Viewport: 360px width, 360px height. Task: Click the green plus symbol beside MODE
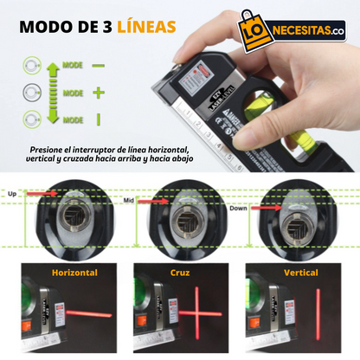pyautogui.click(x=97, y=92)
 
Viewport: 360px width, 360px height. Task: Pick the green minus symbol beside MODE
pyautogui.click(x=98, y=65)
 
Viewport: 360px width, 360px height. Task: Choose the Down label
pyautogui.click(x=239, y=209)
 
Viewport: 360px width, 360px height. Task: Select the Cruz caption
pyautogui.click(x=180, y=273)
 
